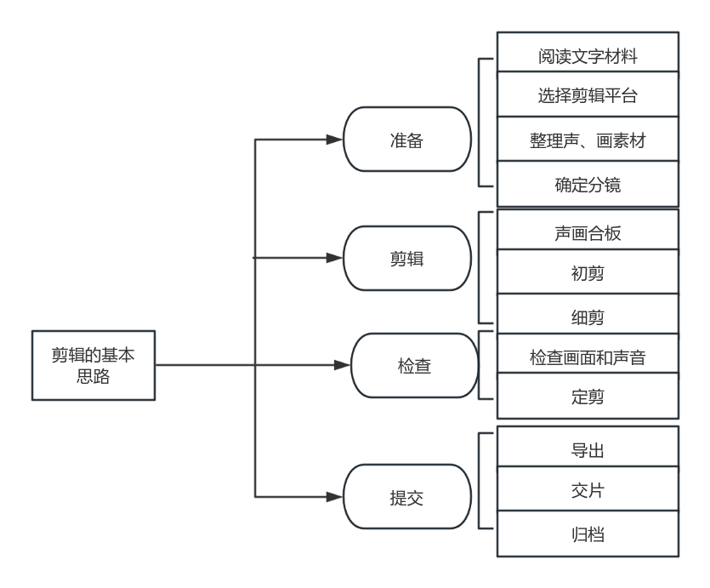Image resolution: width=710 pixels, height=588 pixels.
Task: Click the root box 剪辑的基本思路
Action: tap(94, 365)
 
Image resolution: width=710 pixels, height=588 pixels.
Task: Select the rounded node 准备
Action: tap(407, 140)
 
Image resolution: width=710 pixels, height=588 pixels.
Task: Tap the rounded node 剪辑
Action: tap(407, 258)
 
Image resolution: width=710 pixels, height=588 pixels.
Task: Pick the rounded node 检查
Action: tap(414, 366)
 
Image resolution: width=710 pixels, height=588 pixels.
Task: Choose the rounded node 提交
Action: tap(407, 496)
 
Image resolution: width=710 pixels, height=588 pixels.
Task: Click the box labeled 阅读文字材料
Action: tap(588, 52)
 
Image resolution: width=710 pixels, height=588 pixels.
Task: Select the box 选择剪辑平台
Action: tap(588, 94)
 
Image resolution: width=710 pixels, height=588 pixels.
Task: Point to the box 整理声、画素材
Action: tap(588, 139)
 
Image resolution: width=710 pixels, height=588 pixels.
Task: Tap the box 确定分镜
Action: tap(588, 184)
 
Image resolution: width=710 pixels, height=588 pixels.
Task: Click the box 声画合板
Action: tap(588, 229)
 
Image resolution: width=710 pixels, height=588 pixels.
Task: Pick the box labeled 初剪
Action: tap(588, 271)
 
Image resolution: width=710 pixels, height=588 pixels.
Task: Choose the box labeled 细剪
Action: tap(588, 314)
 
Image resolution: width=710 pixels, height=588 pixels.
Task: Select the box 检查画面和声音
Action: tap(588, 354)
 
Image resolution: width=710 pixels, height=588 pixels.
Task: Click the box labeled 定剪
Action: tap(588, 396)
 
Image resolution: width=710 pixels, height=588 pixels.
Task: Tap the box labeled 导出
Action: tap(588, 446)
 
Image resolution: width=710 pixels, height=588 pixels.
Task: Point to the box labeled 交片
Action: tap(588, 488)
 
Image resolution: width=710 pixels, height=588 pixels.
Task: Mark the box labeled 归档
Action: tap(588, 534)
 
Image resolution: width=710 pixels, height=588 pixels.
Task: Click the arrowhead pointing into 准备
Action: tap(335, 140)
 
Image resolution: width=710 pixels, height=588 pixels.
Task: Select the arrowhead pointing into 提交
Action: tap(335, 497)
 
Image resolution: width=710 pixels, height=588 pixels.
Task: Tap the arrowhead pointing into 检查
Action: tap(343, 365)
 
